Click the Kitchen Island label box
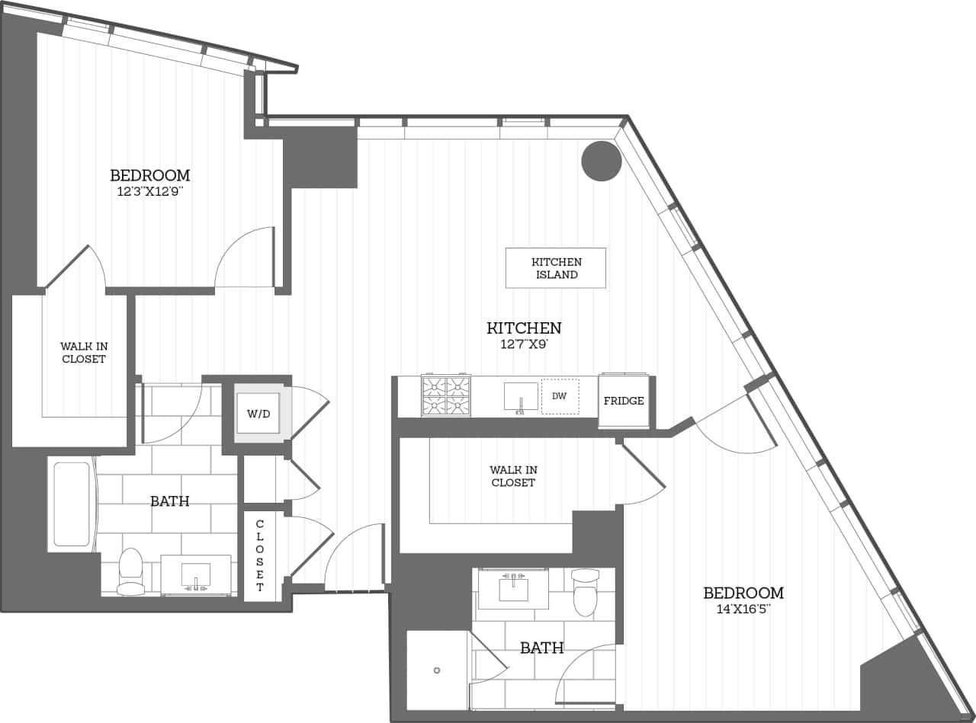point(556,268)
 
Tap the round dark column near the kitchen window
point(602,161)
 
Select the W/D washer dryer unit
point(258,414)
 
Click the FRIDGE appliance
point(624,401)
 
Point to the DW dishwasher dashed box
point(560,396)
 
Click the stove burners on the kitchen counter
point(446,396)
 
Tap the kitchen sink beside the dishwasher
point(521,397)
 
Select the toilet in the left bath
point(131,571)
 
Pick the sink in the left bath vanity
point(196,575)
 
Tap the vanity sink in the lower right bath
point(513,588)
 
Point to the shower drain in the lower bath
point(436,670)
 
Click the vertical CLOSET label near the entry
point(259,555)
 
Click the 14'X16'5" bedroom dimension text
point(743,609)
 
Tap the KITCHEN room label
point(524,328)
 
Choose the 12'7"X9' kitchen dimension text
point(524,344)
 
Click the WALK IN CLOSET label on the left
point(83,352)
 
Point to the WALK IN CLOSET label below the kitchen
point(513,476)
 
